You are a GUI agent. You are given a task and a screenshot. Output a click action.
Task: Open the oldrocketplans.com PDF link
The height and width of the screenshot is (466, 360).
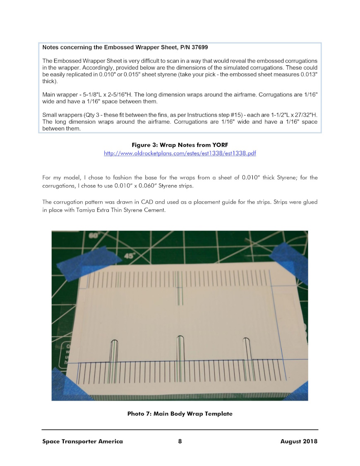coord(180,153)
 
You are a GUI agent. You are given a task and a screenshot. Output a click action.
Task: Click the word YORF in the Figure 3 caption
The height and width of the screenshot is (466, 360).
coord(218,145)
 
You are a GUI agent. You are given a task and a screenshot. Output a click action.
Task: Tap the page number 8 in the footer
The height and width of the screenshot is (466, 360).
coord(180,441)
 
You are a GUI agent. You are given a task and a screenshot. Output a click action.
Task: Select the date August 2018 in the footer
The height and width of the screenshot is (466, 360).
coord(299,441)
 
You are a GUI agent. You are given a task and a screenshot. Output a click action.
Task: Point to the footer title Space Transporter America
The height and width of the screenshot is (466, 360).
coord(82,441)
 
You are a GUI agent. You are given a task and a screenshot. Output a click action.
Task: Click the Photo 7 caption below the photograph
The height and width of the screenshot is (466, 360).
coord(180,413)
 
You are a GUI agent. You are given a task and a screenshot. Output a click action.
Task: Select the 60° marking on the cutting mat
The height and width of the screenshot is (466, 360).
coord(95,235)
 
